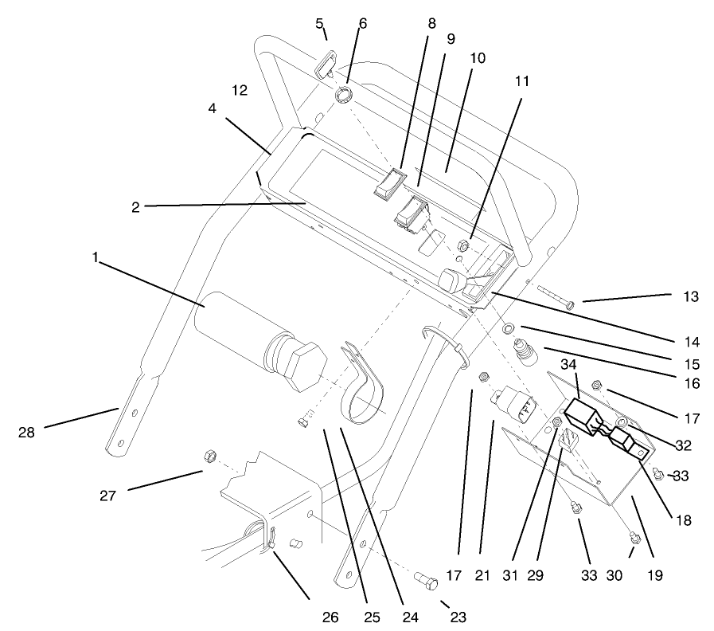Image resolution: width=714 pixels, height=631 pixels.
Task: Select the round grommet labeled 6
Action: [x=342, y=96]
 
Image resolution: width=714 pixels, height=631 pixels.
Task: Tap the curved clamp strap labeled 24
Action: [x=362, y=390]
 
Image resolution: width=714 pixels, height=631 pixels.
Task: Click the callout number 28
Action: [x=28, y=433]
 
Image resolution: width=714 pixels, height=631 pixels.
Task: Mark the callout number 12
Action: [x=240, y=90]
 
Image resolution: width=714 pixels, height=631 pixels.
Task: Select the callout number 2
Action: [x=136, y=207]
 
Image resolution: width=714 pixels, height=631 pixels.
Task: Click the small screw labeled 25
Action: [x=302, y=423]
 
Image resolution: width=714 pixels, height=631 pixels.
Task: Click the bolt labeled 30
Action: [x=634, y=538]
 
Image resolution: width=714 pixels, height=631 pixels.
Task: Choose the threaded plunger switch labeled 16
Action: [x=524, y=351]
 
